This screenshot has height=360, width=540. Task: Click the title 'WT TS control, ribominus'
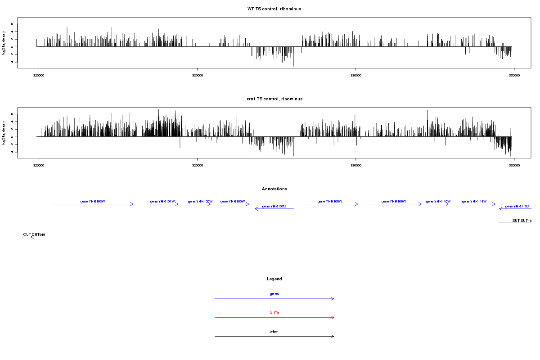(x=274, y=9)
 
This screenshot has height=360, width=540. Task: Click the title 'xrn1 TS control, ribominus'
(x=274, y=99)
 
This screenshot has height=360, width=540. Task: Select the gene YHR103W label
(x=93, y=201)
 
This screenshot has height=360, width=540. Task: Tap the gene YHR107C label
(x=274, y=206)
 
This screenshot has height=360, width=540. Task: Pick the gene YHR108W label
(x=330, y=201)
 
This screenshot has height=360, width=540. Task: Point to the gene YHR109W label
(x=394, y=201)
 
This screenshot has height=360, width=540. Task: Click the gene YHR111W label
(x=474, y=201)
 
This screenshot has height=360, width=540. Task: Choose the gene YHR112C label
(x=517, y=206)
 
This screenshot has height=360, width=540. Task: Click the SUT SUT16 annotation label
(x=522, y=220)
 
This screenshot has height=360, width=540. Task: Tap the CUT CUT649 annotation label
(x=34, y=234)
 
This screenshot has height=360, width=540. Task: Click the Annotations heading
(x=274, y=189)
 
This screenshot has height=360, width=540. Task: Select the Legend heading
(x=274, y=279)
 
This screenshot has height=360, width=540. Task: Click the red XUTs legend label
(x=274, y=313)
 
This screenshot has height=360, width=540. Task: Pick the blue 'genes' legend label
(x=274, y=293)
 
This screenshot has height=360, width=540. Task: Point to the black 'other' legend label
(x=274, y=332)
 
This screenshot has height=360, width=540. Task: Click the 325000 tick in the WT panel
(x=197, y=75)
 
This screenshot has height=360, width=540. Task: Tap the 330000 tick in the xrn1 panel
(x=355, y=165)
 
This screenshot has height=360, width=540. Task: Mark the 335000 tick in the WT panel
(x=514, y=75)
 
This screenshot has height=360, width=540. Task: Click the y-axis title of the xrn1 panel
(x=4, y=133)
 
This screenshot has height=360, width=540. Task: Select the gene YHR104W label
(x=162, y=201)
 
